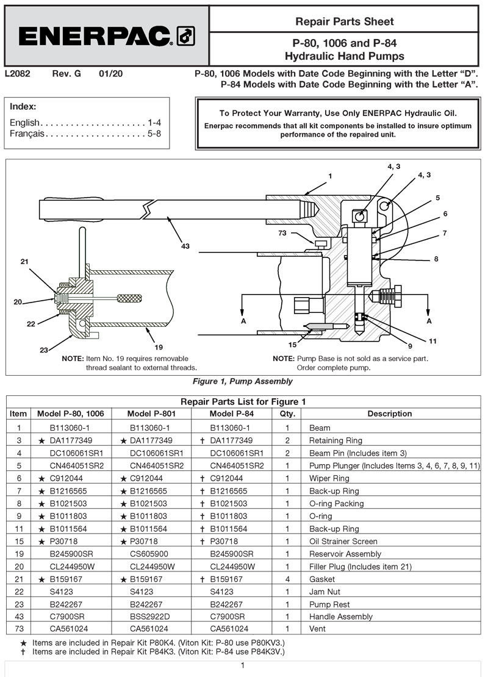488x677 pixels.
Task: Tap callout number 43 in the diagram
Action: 185,246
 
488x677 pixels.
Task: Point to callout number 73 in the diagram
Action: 300,233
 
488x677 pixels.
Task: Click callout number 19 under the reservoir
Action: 159,347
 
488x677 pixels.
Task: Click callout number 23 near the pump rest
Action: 44,350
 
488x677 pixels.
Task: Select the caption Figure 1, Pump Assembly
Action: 242,381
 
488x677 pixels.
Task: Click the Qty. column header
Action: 287,414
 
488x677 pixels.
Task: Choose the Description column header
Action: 389,414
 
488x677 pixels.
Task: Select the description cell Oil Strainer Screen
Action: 343,541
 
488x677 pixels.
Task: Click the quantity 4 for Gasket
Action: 287,579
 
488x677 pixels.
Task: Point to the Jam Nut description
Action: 325,592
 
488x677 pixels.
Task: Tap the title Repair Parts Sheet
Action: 345,21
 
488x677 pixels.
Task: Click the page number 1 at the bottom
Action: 243,665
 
